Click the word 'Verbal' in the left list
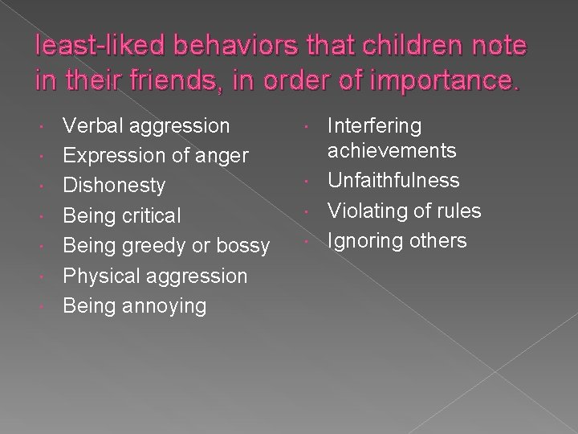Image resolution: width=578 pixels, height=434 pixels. point(91,125)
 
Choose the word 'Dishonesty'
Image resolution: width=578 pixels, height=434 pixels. point(114,186)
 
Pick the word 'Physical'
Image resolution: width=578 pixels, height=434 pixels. point(101,276)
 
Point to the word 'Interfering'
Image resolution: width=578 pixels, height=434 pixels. point(375,125)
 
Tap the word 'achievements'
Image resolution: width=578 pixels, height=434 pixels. point(393,150)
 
